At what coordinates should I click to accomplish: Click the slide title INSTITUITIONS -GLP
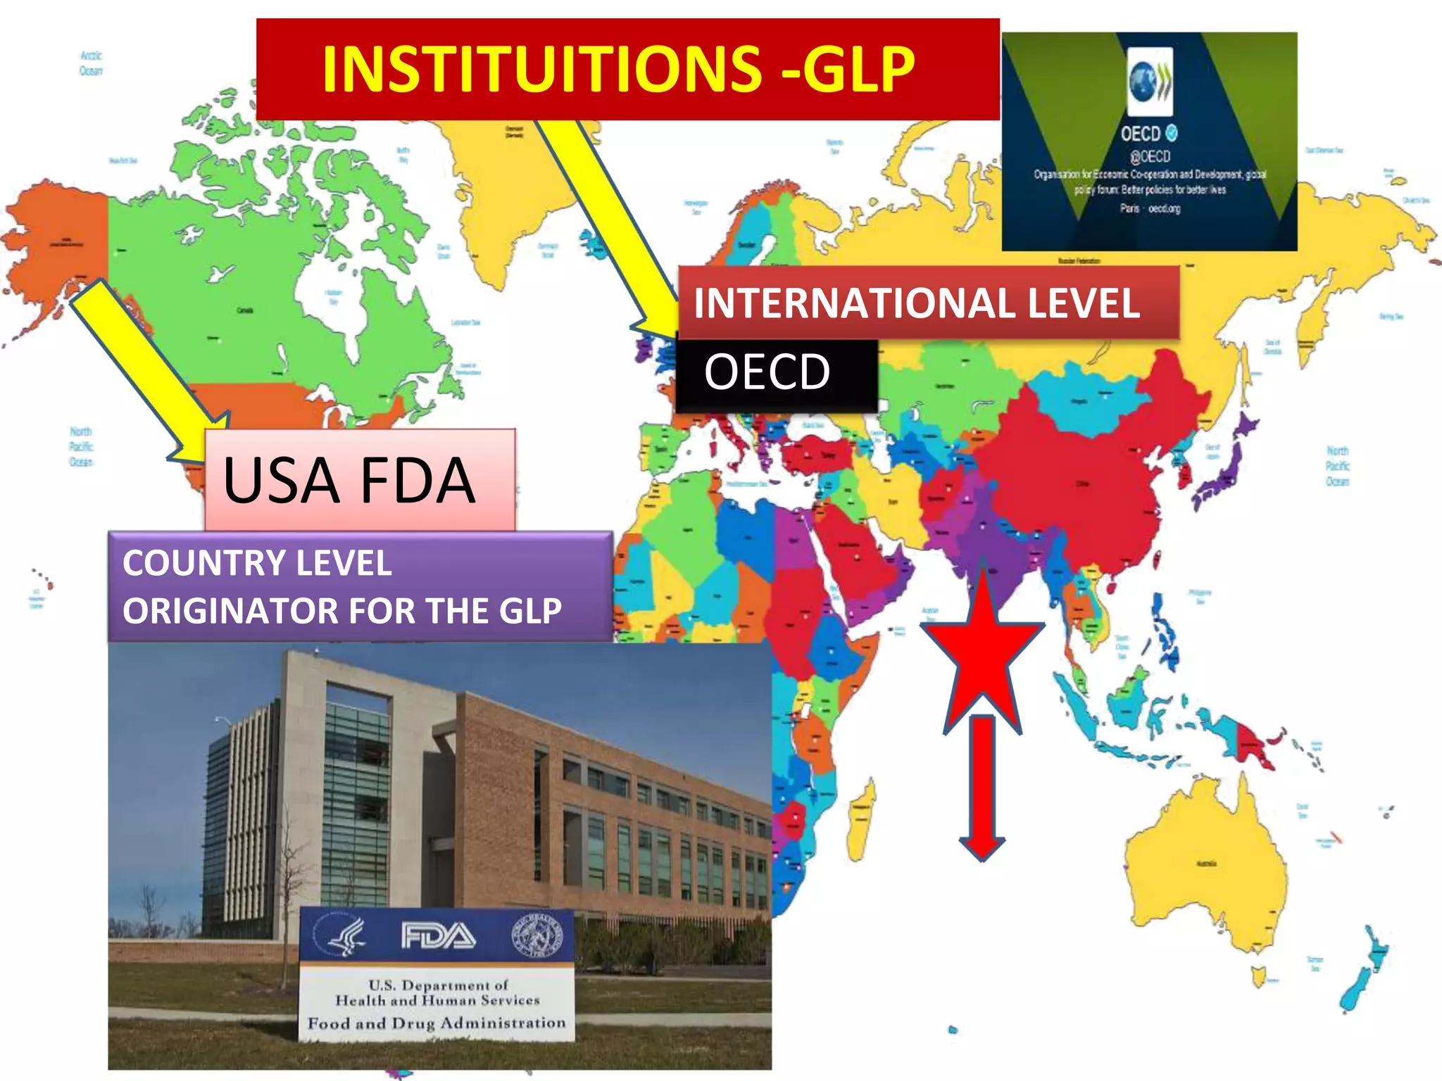click(618, 69)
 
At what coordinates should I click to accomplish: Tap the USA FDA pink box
click(359, 480)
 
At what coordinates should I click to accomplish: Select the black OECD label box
click(776, 374)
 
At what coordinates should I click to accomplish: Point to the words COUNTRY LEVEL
click(257, 563)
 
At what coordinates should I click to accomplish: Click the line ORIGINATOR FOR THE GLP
click(342, 611)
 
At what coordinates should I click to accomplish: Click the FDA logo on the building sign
click(438, 936)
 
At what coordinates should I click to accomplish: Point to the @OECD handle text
click(1150, 156)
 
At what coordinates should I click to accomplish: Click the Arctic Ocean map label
click(91, 63)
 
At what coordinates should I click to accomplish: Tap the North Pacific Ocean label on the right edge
click(1337, 466)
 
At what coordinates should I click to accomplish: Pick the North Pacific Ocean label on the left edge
click(81, 446)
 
